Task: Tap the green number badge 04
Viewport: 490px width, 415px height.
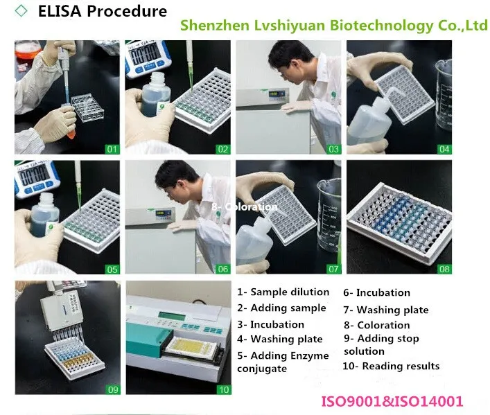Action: click(x=444, y=148)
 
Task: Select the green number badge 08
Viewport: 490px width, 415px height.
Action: click(x=444, y=268)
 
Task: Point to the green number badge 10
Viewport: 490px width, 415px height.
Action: click(x=223, y=389)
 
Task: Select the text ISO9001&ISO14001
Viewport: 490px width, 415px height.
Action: click(x=392, y=401)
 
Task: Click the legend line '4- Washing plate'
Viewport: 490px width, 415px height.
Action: click(x=280, y=339)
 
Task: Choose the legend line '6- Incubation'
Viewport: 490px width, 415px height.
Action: click(x=377, y=292)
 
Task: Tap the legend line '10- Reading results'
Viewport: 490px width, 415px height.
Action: click(x=392, y=366)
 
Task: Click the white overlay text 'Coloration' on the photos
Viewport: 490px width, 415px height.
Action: click(x=245, y=206)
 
